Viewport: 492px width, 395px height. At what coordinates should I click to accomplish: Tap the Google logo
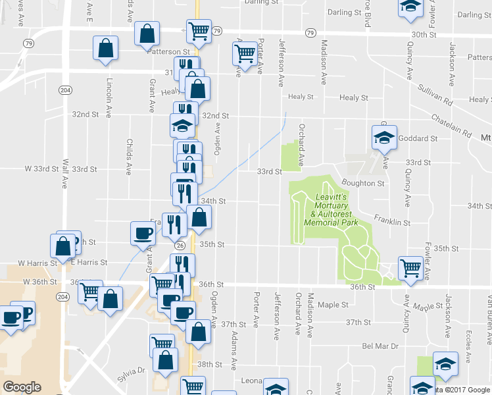pyautogui.click(x=22, y=387)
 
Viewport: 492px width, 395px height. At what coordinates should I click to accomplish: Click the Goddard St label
pyautogui.click(x=418, y=139)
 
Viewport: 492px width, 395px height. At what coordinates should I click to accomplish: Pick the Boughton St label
pyautogui.click(x=363, y=183)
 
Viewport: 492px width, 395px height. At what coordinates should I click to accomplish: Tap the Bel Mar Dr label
pyautogui.click(x=380, y=346)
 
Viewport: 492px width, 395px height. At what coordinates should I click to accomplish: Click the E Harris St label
pyautogui.click(x=91, y=262)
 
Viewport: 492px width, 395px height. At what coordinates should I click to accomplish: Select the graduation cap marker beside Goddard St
pyautogui.click(x=384, y=137)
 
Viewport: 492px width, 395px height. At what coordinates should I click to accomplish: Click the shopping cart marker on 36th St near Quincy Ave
pyautogui.click(x=410, y=268)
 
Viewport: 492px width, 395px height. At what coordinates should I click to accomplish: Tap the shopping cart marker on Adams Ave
pyautogui.click(x=245, y=54)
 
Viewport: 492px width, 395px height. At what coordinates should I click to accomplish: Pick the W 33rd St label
pyautogui.click(x=42, y=169)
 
